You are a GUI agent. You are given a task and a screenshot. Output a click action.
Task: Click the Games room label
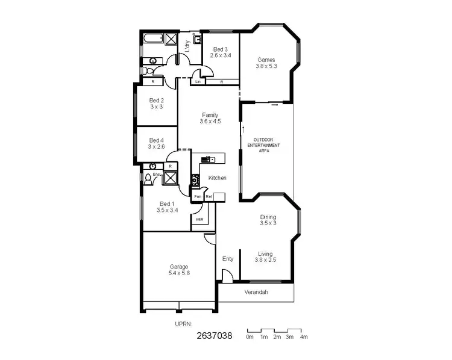tap(266, 60)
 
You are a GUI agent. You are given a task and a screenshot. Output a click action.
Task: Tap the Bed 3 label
tap(220, 49)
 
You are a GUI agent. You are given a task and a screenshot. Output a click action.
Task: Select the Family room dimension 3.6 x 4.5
tap(210, 121)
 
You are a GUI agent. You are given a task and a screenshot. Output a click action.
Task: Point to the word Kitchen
tap(217, 178)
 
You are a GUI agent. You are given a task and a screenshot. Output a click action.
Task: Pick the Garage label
tap(178, 267)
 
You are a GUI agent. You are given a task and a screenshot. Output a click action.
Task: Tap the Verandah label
tap(256, 293)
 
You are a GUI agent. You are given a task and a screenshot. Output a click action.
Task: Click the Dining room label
tap(268, 217)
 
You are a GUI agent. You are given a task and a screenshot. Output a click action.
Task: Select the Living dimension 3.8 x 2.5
tap(266, 260)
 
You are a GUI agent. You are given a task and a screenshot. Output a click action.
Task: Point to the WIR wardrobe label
tap(199, 220)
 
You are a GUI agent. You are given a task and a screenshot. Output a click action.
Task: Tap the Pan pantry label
tap(197, 197)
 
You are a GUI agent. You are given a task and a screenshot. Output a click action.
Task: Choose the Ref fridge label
tap(209, 197)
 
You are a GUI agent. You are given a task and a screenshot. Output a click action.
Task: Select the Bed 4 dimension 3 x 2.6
tap(157, 146)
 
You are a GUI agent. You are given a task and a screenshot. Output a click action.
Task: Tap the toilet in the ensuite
tap(148, 178)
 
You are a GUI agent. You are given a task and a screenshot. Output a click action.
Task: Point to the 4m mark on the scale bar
tap(304, 337)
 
